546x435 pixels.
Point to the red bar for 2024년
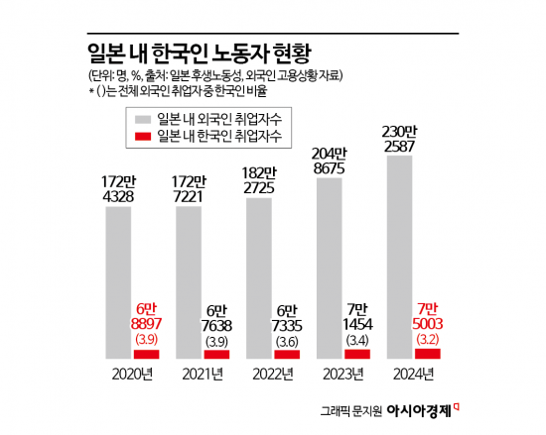pyautogui.click(x=429, y=353)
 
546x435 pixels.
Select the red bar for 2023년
pyautogui.click(x=359, y=354)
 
